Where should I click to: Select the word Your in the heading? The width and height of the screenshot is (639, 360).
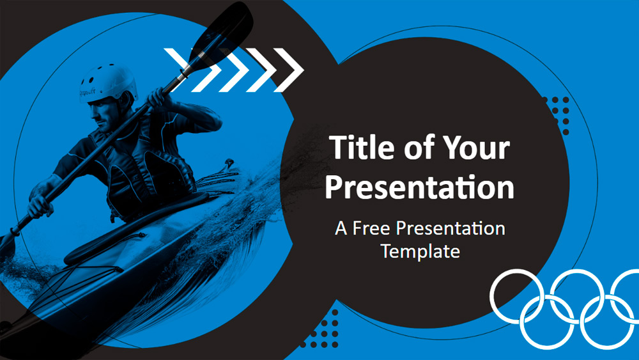477,147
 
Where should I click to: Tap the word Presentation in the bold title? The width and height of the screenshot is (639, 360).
419,187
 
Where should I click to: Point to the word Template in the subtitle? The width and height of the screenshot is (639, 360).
420,251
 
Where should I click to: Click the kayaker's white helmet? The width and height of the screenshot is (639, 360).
107,82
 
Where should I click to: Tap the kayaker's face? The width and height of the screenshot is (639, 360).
104,115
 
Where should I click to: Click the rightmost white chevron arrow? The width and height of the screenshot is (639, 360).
289,70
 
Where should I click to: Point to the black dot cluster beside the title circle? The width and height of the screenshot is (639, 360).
557,115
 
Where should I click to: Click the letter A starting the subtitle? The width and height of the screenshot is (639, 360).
341,228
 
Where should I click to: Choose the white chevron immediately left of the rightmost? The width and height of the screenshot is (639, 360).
261,70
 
